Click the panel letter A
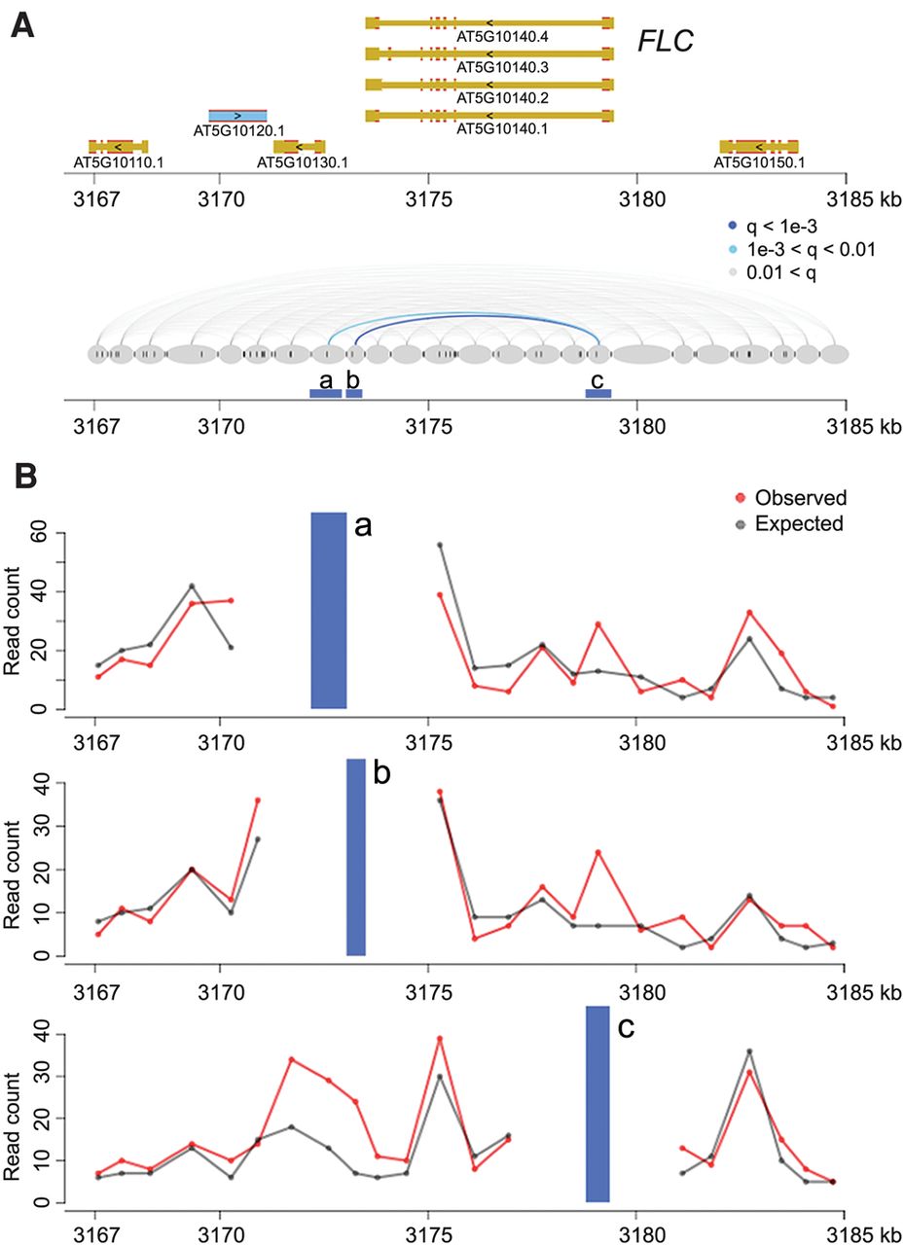tap(24, 23)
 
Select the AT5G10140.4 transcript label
tap(488, 37)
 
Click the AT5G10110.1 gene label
tap(118, 161)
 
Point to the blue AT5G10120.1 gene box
tap(237, 115)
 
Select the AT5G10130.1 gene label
tap(302, 161)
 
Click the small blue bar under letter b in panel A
tap(354, 393)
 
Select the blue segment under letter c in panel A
tap(597, 393)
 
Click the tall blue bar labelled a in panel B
tap(329, 610)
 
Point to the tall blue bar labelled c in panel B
tap(597, 1104)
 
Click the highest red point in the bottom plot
tap(440, 1038)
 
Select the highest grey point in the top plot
tap(440, 545)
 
